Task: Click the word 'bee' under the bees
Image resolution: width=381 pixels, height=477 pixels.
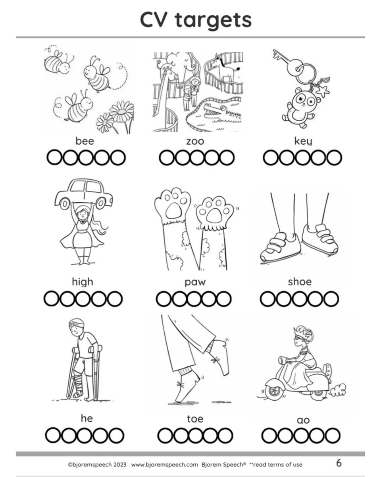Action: tap(85, 141)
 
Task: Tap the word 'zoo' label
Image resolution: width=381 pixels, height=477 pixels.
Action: tap(195, 142)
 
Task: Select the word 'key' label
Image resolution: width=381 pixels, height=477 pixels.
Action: tap(303, 141)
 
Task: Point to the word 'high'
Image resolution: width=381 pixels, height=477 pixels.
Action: tap(83, 282)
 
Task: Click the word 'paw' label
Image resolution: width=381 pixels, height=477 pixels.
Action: tap(195, 283)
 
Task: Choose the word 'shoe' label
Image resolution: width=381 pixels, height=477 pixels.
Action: tap(300, 282)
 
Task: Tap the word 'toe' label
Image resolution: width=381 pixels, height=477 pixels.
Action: tap(195, 419)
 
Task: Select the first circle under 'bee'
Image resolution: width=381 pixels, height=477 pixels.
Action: tap(54, 157)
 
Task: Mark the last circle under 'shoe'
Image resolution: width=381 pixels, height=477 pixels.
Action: tap(331, 299)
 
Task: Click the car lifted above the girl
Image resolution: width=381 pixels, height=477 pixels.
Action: tap(84, 194)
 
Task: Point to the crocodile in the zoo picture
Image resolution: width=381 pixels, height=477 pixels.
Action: tap(221, 113)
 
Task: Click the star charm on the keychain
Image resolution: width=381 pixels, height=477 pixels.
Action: tap(322, 91)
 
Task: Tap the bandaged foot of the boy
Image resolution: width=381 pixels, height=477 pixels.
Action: tap(78, 393)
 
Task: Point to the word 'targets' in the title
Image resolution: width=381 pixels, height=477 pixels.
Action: tap(213, 20)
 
